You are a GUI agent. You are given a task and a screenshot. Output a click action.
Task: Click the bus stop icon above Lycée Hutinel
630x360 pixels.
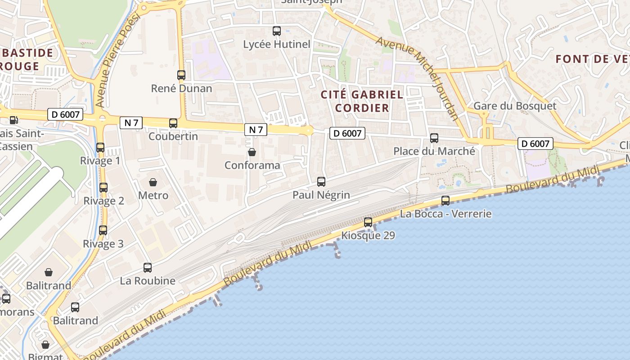coord(277,31)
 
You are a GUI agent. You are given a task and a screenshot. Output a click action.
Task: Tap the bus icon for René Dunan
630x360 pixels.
coord(181,75)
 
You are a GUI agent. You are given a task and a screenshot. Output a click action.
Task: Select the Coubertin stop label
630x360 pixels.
coord(173,136)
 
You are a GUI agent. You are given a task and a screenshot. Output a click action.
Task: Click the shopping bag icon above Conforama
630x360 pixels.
coord(252,152)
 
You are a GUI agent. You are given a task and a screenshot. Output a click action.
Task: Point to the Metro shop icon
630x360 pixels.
coord(153,182)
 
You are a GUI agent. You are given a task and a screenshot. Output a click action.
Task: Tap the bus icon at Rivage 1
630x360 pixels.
coord(100,147)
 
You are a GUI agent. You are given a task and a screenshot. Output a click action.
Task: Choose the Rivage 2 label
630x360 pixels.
coord(103,201)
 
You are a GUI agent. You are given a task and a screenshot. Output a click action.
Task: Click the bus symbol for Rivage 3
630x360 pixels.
coord(103,230)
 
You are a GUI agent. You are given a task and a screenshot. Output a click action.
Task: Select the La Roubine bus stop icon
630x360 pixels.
coord(148,268)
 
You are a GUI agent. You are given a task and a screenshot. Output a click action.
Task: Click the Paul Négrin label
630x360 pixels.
coord(321,195)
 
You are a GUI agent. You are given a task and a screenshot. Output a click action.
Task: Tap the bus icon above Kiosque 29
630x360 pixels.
coord(368,222)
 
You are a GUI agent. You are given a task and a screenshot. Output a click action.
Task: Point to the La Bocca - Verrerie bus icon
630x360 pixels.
coord(445,201)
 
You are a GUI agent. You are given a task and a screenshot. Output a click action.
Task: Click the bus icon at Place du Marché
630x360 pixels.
coord(434,138)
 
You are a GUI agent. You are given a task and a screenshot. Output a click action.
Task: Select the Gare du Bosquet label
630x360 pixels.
coord(515,106)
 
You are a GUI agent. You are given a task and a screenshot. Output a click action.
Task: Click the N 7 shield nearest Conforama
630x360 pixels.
coord(256,130)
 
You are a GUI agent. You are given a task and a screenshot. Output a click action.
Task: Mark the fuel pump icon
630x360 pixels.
coord(13,120)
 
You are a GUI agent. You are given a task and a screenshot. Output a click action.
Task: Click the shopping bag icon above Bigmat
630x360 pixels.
coord(45,345)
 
